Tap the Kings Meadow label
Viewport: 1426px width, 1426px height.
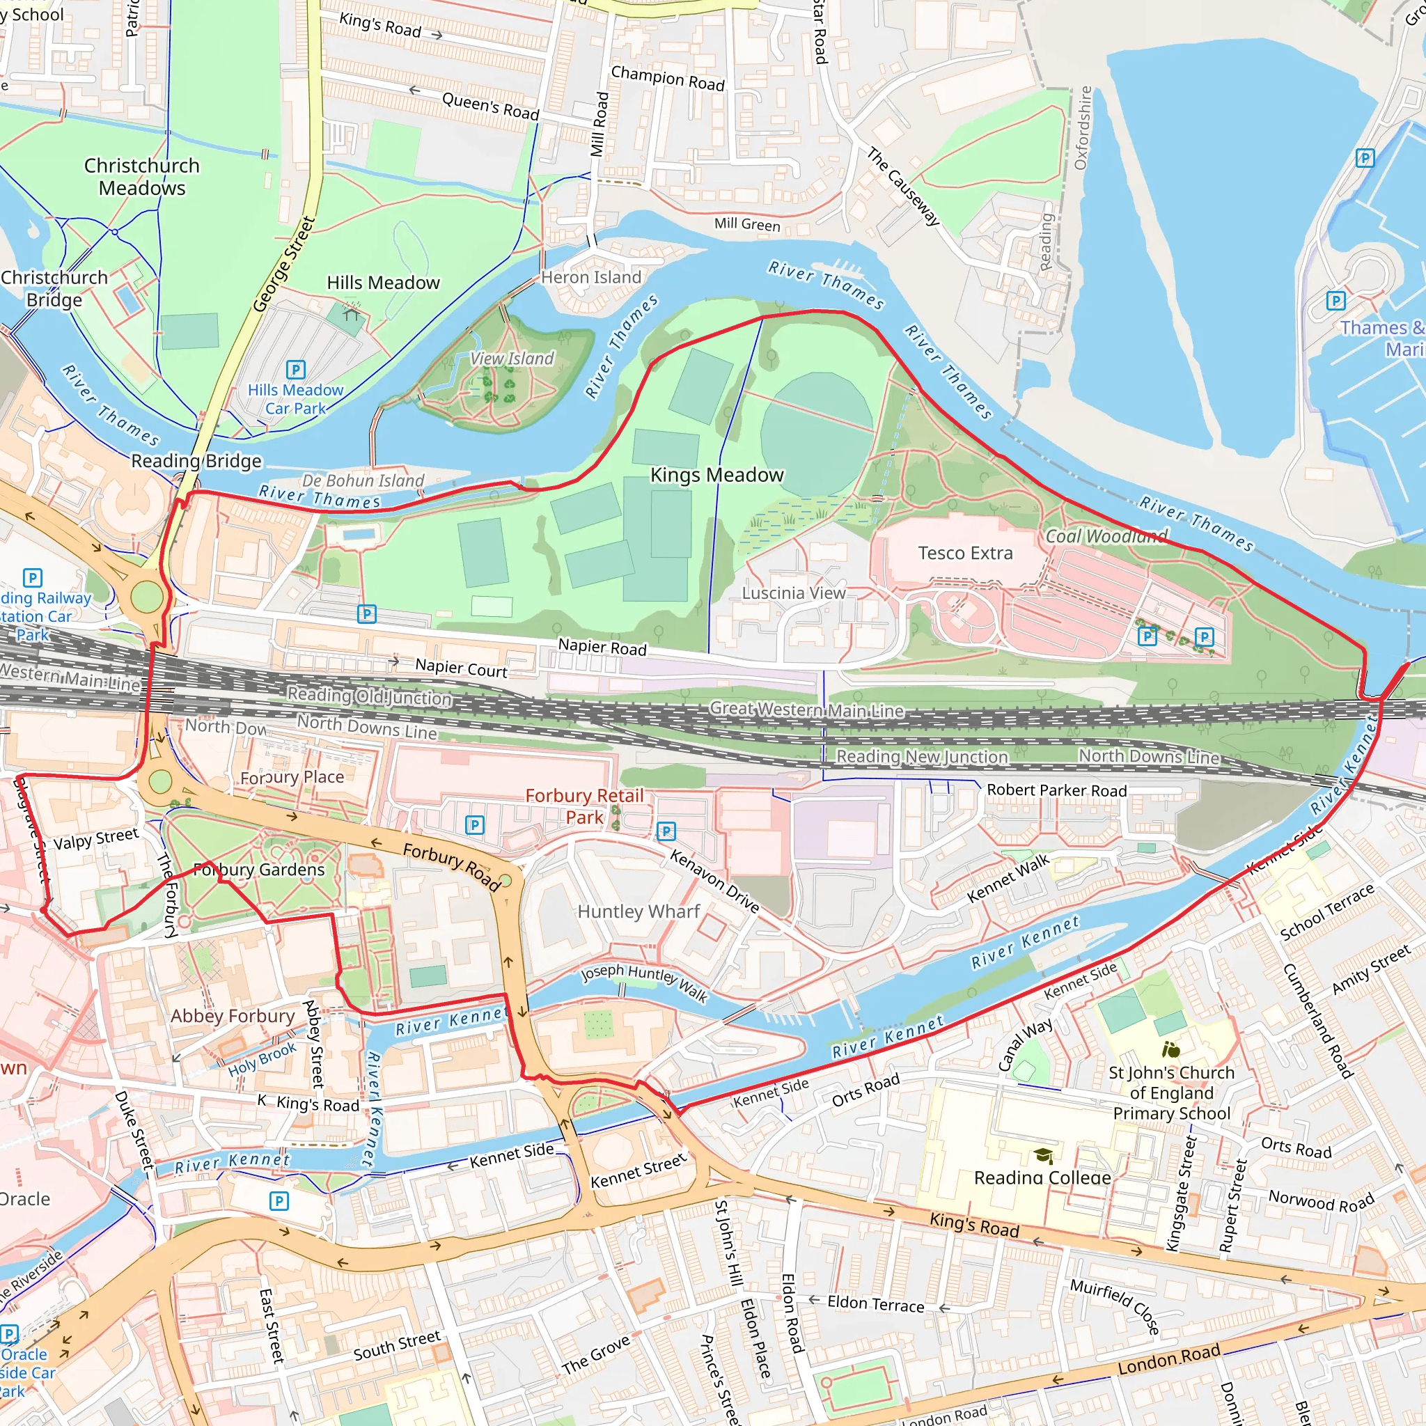click(x=716, y=475)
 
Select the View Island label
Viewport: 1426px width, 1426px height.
click(x=512, y=359)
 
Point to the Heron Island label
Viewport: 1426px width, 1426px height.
click(x=590, y=278)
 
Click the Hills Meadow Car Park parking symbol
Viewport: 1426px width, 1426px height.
click(x=295, y=369)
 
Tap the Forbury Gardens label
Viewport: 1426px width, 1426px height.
click(x=258, y=870)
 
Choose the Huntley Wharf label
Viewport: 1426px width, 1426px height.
click(x=638, y=911)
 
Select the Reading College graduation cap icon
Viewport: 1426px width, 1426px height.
click(x=1043, y=1155)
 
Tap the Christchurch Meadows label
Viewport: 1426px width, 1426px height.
click(x=142, y=176)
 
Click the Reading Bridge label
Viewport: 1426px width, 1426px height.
click(x=196, y=462)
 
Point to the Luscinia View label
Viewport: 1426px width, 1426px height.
click(x=794, y=593)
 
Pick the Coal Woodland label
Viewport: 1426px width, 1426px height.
click(x=1106, y=537)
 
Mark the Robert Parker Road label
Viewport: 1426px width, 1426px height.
click(x=1056, y=790)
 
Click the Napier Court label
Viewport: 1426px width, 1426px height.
click(x=460, y=668)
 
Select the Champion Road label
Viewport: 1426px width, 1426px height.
click(x=667, y=78)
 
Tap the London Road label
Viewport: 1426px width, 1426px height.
click(x=1168, y=1359)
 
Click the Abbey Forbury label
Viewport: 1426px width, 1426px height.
click(x=233, y=1017)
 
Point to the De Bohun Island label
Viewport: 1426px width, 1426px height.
click(x=363, y=480)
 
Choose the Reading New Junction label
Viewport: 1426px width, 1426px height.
click(x=921, y=757)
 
